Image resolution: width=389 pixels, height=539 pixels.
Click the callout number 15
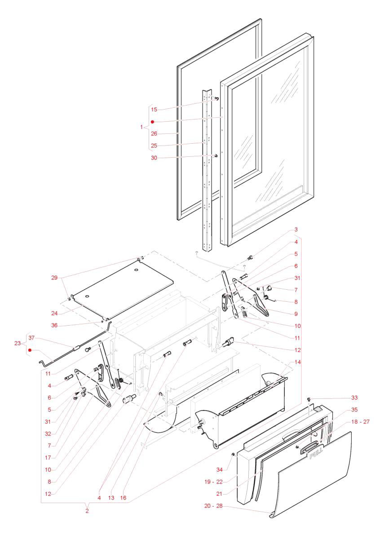154,109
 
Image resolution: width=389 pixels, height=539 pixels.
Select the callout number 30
154,158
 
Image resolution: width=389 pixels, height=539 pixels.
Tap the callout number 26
154,133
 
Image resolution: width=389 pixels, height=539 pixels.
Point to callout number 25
154,146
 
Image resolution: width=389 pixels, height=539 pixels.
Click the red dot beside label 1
153,122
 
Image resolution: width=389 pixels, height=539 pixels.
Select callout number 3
296,230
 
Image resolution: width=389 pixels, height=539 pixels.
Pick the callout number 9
296,314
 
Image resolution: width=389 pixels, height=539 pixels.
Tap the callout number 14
298,362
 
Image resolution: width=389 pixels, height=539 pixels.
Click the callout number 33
355,398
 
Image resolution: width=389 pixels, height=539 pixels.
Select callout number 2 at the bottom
87,511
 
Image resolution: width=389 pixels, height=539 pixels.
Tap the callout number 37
31,338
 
